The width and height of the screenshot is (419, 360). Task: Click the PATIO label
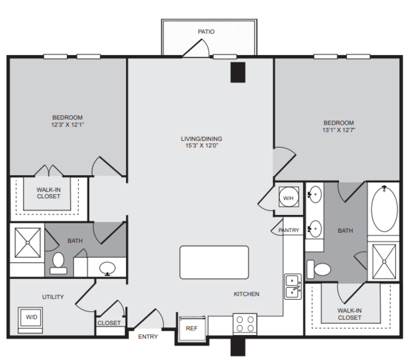point(206,31)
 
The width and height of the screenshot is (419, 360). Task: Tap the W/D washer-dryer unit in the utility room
point(30,320)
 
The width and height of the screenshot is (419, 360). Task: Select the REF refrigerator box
point(191,328)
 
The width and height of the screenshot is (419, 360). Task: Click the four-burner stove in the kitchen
point(245,324)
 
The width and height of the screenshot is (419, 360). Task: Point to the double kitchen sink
point(293,287)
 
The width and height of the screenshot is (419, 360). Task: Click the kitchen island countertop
point(214,262)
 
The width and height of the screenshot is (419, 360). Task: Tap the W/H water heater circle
point(289,197)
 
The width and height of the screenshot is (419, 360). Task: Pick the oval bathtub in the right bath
point(384,209)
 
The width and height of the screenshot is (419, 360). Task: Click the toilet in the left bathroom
point(58,263)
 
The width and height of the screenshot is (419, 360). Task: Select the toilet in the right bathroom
point(319,269)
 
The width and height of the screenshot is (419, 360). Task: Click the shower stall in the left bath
point(28,243)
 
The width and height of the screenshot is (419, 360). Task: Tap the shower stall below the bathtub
point(384,262)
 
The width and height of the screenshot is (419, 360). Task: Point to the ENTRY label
point(148,337)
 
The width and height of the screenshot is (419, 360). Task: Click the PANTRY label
point(289,230)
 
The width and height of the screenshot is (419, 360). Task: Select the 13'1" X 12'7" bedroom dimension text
point(339,130)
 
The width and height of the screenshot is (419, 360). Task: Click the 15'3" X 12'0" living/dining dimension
point(202,146)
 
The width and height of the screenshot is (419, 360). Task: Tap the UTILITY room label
point(53,297)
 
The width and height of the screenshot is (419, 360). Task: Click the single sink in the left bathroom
point(108,268)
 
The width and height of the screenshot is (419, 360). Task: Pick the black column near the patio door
point(238,72)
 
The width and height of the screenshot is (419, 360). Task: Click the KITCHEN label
point(247,294)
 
